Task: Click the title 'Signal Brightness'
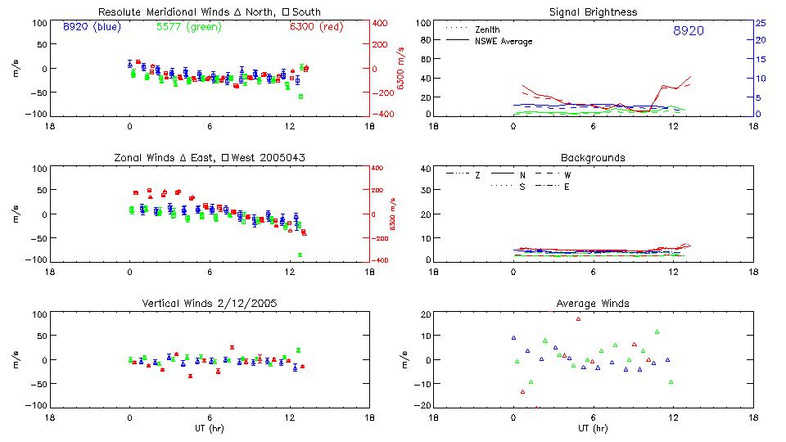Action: (593, 12)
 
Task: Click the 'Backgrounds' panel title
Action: (593, 157)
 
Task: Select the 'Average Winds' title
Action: (593, 303)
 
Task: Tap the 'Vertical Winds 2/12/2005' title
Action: (209, 303)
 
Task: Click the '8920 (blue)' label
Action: (91, 27)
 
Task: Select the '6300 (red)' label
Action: (314, 27)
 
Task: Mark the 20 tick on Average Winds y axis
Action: (425, 314)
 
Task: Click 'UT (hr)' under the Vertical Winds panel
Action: (209, 428)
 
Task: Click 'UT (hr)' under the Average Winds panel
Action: (593, 428)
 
